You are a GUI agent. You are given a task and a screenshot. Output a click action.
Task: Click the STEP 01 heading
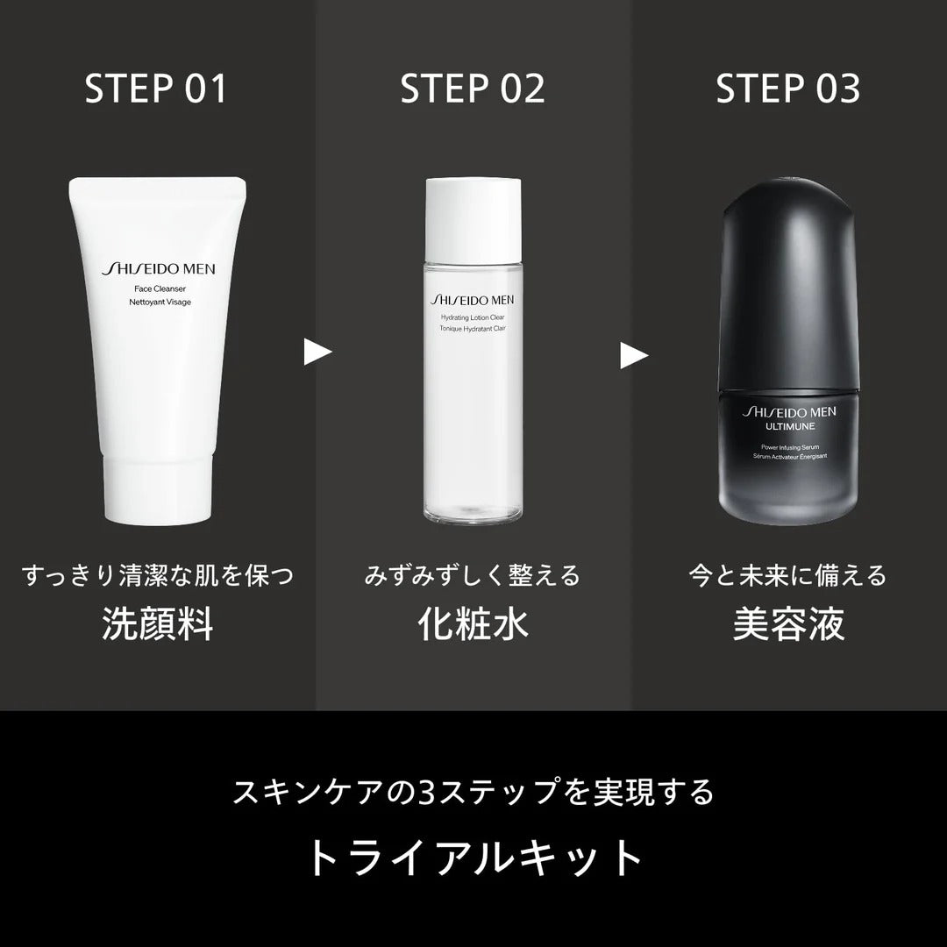tap(156, 89)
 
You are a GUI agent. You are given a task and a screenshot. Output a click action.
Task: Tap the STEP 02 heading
tap(473, 89)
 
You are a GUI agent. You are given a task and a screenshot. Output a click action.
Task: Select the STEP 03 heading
tap(788, 89)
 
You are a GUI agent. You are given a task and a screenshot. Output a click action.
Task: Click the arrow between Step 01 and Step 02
tap(317, 352)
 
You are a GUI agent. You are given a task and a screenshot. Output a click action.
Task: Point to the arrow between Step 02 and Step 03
tap(634, 355)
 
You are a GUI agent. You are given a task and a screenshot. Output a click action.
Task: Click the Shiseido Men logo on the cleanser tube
tap(158, 269)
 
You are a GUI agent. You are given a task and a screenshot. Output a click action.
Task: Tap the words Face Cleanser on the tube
tap(160, 288)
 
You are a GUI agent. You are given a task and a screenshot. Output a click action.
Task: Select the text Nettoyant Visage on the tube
tap(160, 302)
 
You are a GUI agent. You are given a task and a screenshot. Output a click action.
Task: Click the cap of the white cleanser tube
tap(158, 489)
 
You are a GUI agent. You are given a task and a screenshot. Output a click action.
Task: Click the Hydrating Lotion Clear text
tap(473, 317)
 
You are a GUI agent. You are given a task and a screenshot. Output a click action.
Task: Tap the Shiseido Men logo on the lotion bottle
tap(473, 300)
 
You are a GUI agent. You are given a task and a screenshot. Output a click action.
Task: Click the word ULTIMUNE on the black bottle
tap(790, 426)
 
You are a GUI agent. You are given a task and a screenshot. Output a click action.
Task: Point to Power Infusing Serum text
tap(790, 447)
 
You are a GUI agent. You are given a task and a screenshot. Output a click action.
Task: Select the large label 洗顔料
tap(158, 624)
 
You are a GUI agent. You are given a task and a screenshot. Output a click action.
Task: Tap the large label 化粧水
tap(473, 624)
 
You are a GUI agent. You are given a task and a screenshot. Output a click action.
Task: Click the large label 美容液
tap(788, 624)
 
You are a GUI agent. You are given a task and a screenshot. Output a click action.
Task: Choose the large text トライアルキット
tap(474, 858)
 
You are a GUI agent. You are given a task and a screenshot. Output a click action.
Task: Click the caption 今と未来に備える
tap(787, 575)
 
